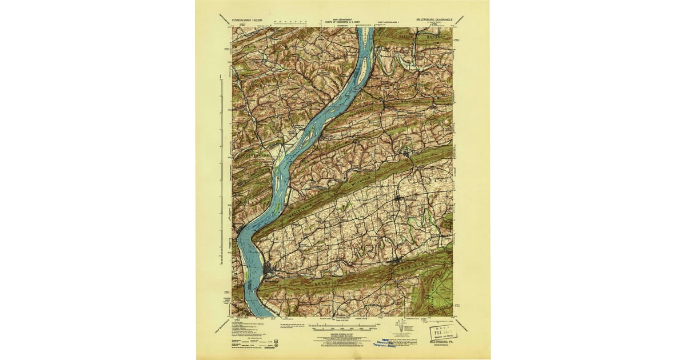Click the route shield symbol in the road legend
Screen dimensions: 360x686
(x=277, y=345)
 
